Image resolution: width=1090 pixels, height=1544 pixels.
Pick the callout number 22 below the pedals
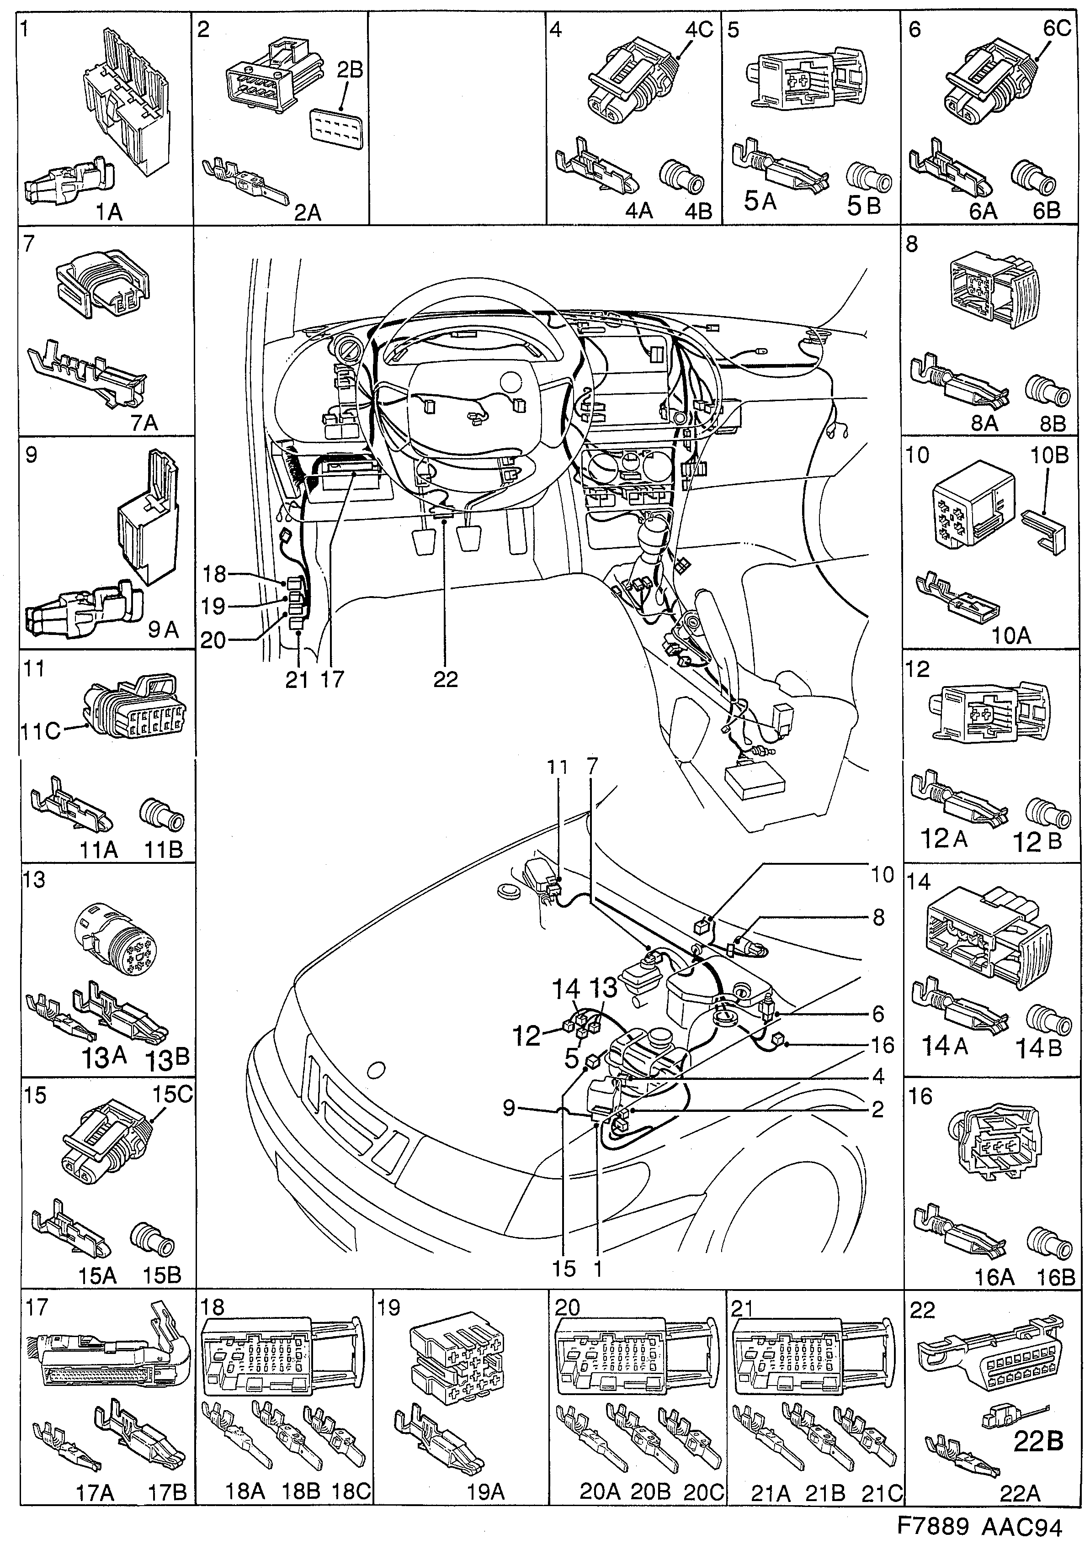446,679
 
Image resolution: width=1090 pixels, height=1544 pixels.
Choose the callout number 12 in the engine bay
527,1036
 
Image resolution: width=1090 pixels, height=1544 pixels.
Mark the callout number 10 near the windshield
882,875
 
